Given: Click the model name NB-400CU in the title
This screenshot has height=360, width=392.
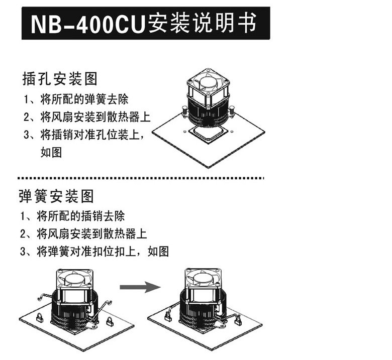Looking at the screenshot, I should click(x=88, y=24).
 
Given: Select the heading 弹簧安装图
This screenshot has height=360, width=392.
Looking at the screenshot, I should click(x=56, y=195).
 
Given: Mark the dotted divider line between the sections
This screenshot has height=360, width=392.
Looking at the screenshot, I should click(x=141, y=178).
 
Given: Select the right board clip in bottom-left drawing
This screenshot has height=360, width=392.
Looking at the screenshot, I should click(x=110, y=322).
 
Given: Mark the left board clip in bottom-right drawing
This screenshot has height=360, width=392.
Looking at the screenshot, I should click(x=168, y=316).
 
